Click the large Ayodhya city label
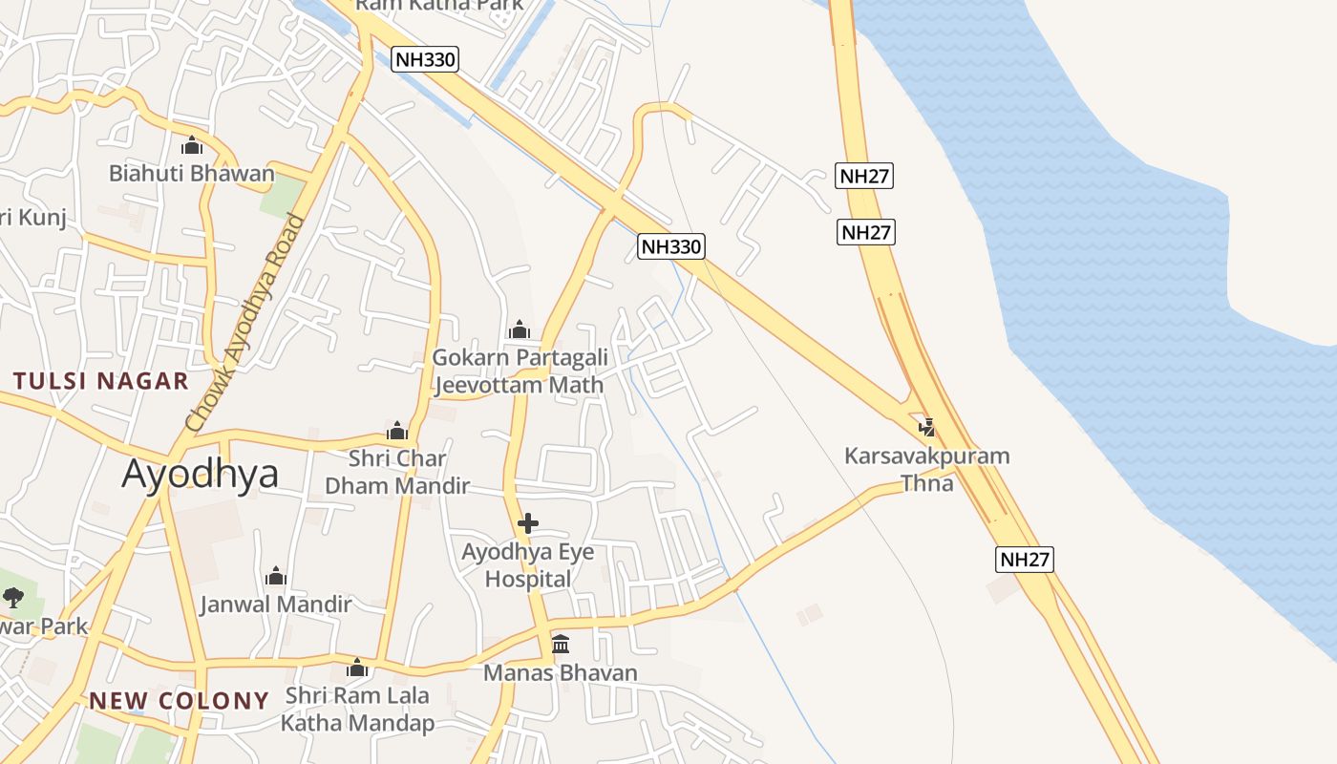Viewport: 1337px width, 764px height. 200,474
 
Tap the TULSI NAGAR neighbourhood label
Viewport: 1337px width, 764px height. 101,381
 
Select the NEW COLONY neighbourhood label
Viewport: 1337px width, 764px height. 179,701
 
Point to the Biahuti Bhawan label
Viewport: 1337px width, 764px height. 191,174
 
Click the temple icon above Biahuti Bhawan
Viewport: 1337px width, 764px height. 192,146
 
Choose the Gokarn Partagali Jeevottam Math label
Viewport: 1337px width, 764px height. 519,371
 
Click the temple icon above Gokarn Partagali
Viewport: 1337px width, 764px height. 520,330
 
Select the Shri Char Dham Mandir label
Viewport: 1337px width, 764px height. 397,472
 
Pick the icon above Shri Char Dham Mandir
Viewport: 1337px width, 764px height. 397,431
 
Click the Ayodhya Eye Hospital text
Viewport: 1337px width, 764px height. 527,565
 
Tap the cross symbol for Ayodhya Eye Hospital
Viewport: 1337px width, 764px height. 527,523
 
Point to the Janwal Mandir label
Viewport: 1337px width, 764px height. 276,605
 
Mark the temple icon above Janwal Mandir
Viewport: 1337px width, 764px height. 276,577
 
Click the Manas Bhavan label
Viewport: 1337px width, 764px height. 560,672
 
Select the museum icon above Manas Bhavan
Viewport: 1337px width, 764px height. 561,645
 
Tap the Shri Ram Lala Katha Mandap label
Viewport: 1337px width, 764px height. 357,709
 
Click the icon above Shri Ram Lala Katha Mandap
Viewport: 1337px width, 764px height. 357,668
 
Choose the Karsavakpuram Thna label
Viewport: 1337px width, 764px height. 926,469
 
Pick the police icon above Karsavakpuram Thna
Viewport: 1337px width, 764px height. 926,427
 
